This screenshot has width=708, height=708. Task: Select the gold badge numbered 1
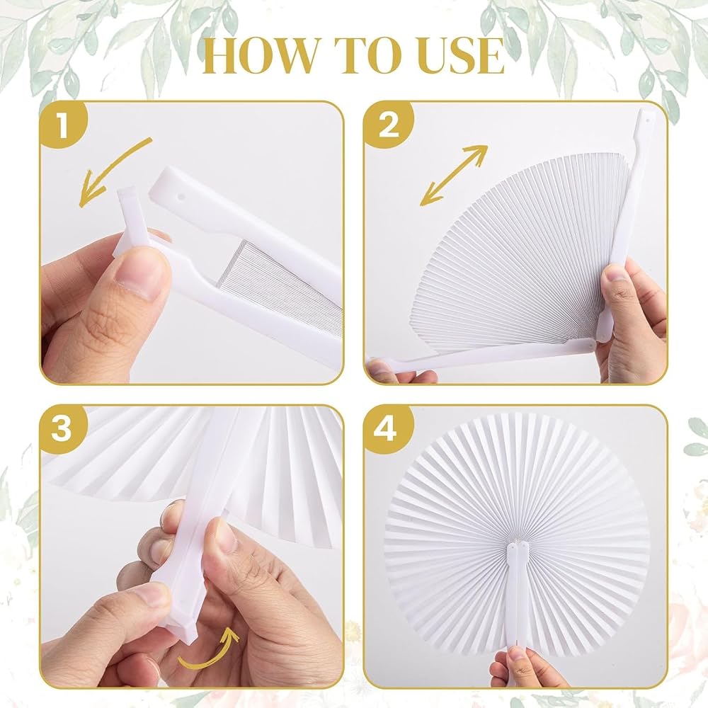(63, 125)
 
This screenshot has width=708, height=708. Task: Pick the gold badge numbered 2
(388, 125)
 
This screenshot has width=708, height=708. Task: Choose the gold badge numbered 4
(387, 428)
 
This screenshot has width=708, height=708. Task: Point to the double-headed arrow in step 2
(455, 175)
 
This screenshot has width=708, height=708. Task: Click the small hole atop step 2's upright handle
(646, 121)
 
